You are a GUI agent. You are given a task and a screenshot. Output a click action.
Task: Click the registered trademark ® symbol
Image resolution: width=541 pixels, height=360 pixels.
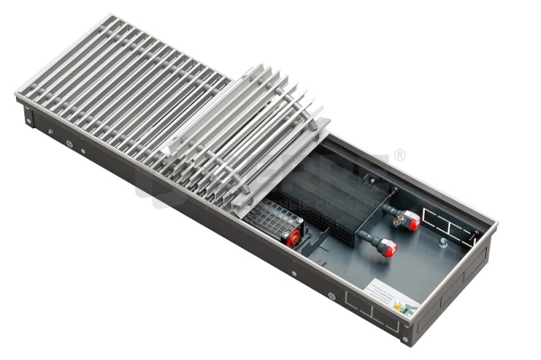click(x=399, y=155)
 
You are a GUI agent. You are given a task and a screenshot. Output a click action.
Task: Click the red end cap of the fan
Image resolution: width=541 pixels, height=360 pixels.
click(x=293, y=237)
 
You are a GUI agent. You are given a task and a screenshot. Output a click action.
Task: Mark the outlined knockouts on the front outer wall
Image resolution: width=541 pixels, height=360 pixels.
click(x=370, y=312)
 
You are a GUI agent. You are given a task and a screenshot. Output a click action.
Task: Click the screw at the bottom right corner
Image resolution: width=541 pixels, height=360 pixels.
click(x=406, y=340)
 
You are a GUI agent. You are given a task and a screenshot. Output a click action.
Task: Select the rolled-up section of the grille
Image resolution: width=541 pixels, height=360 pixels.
click(x=243, y=135)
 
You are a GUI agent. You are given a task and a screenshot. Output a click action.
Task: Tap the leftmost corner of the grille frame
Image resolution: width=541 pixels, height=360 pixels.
click(x=16, y=94)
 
